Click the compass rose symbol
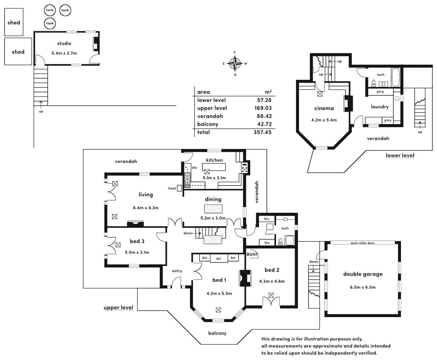pos(235,63)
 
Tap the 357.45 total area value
pos(263,132)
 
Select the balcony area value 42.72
pos(264,124)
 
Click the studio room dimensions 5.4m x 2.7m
pos(64,53)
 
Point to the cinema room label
pos(324,108)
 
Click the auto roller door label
pos(363,243)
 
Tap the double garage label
pos(363,274)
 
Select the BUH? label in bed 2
pos(252,254)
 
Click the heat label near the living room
pos(172,188)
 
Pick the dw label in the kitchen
pos(194,168)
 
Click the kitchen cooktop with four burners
pos(245,168)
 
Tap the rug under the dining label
pos(213,209)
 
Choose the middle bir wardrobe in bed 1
pos(219,259)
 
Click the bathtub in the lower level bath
pos(395,77)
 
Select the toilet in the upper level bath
pos(280,242)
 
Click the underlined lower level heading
pos(400,156)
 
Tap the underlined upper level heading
pos(118,308)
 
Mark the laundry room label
pos(380,107)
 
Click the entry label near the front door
pos(177,271)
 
